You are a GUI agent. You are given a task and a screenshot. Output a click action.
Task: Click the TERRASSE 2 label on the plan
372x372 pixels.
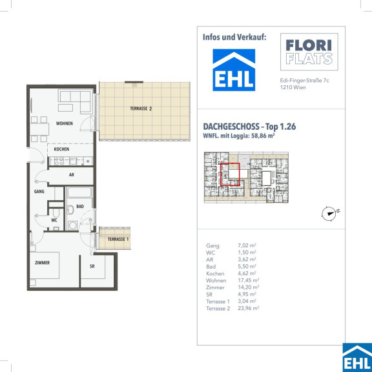point(141,108)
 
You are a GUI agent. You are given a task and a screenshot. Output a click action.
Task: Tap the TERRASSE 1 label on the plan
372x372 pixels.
point(118,239)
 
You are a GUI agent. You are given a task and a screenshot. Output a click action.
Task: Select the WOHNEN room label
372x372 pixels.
point(65,123)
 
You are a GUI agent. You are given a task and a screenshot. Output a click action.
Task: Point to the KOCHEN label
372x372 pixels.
point(61,149)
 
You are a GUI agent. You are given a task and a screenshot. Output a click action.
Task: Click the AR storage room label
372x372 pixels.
point(72,174)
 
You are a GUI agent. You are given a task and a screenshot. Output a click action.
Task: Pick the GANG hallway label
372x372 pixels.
point(39,191)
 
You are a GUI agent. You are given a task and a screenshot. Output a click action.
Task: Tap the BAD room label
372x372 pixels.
point(80,207)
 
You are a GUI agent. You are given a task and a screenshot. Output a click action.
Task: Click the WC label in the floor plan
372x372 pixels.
point(54,220)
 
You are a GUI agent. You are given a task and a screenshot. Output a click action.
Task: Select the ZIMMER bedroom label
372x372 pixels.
point(42,263)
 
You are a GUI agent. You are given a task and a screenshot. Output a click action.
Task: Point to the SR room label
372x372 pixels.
point(92,266)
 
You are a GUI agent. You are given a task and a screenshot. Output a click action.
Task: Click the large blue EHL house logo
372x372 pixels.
point(234,70)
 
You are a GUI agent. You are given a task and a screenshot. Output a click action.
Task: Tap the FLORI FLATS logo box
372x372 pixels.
point(309,52)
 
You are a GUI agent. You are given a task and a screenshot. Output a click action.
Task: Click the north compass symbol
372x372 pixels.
point(330,213)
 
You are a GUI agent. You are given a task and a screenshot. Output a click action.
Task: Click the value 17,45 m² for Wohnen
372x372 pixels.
point(249,280)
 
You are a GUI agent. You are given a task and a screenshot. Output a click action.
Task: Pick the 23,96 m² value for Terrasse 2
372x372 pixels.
point(249,308)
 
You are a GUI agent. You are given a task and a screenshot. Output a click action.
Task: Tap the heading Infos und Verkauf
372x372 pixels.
point(234,37)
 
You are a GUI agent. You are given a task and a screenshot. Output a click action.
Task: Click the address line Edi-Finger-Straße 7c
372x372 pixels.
point(305,81)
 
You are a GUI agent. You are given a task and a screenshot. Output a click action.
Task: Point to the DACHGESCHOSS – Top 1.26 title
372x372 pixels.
point(249,127)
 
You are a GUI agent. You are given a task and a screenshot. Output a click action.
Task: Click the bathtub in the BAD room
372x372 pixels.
point(79,192)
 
